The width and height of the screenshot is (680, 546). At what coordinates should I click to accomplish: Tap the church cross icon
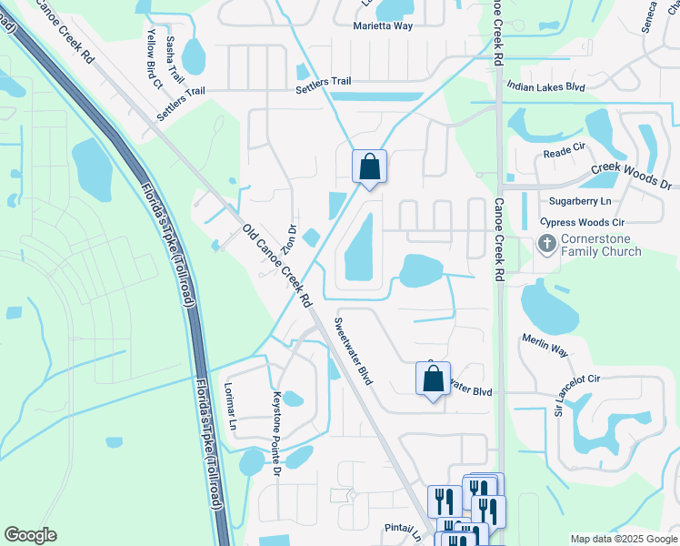[x=547, y=243]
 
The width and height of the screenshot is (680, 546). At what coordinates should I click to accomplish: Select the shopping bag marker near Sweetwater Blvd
[x=434, y=379]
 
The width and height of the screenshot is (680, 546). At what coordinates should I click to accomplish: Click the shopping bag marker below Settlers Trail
[x=369, y=167]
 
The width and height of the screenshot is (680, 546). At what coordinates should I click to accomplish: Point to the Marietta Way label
[x=383, y=25]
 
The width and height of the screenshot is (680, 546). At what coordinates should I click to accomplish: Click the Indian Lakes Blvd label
[x=545, y=86]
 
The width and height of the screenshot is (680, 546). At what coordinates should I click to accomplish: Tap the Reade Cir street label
[x=567, y=155]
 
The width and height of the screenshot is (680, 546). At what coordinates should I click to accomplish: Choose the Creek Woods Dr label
[x=631, y=177]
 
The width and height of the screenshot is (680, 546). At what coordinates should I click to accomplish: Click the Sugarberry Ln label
[x=581, y=200]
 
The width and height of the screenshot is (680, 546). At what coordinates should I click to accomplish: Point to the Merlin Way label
[x=545, y=351]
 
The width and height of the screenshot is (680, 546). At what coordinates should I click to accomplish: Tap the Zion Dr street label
[x=289, y=239]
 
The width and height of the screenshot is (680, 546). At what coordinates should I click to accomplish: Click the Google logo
[x=30, y=535]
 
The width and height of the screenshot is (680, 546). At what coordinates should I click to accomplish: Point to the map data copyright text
[x=624, y=539]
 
